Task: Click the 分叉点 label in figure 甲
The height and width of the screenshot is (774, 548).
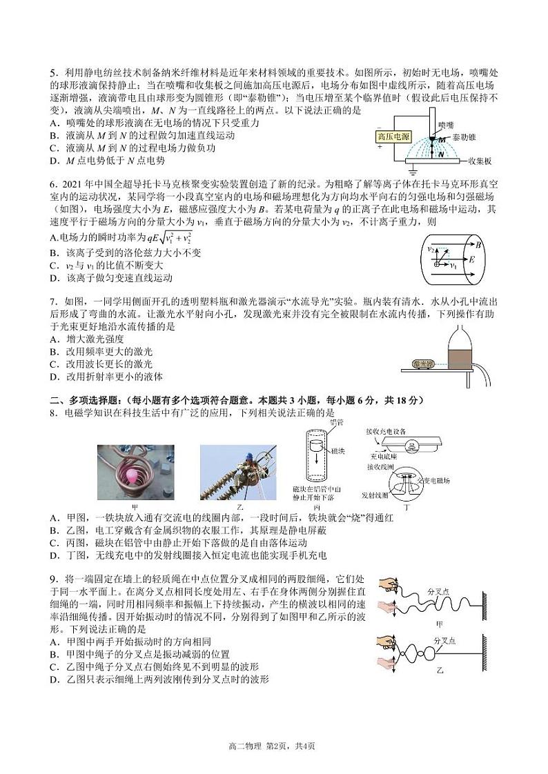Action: tap(439, 592)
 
